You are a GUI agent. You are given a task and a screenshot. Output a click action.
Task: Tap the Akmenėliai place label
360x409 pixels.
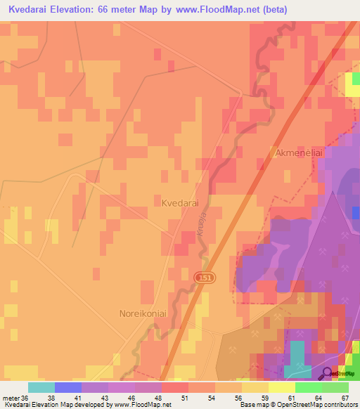tap(295, 152)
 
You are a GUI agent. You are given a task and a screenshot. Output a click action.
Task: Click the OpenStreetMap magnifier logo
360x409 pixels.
tap(327, 374)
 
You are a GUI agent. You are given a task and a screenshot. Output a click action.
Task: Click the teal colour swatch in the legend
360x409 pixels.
tap(41, 387)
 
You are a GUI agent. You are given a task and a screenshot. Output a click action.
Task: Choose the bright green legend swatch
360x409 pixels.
tap(308, 387)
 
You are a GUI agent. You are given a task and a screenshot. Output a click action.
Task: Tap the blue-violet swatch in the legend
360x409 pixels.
tap(67, 387)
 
